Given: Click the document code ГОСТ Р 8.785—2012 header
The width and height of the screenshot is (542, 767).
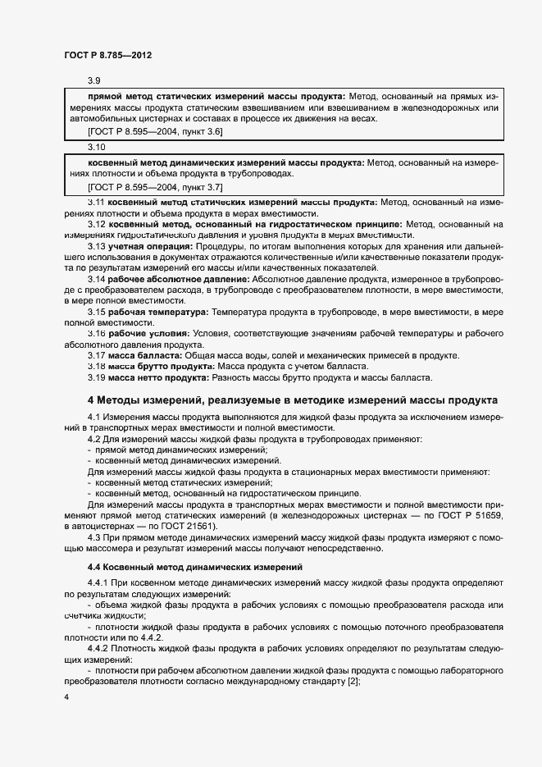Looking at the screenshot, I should pyautogui.click(x=108, y=55).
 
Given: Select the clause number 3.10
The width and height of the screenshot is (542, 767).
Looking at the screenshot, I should pyautogui.click(x=96, y=147).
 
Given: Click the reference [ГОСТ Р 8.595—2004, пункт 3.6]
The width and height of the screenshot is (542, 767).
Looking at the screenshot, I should pyautogui.click(x=154, y=131).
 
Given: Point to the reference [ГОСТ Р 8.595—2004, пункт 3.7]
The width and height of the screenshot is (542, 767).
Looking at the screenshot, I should pyautogui.click(x=154, y=187).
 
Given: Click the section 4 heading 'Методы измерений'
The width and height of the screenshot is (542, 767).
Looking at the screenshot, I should pyautogui.click(x=291, y=401).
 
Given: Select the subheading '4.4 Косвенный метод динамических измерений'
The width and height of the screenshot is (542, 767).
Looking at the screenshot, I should pyautogui.click(x=195, y=567).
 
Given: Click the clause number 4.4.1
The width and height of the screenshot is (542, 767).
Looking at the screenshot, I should pyautogui.click(x=99, y=582).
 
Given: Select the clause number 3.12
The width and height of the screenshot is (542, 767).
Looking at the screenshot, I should pyautogui.click(x=98, y=224).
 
